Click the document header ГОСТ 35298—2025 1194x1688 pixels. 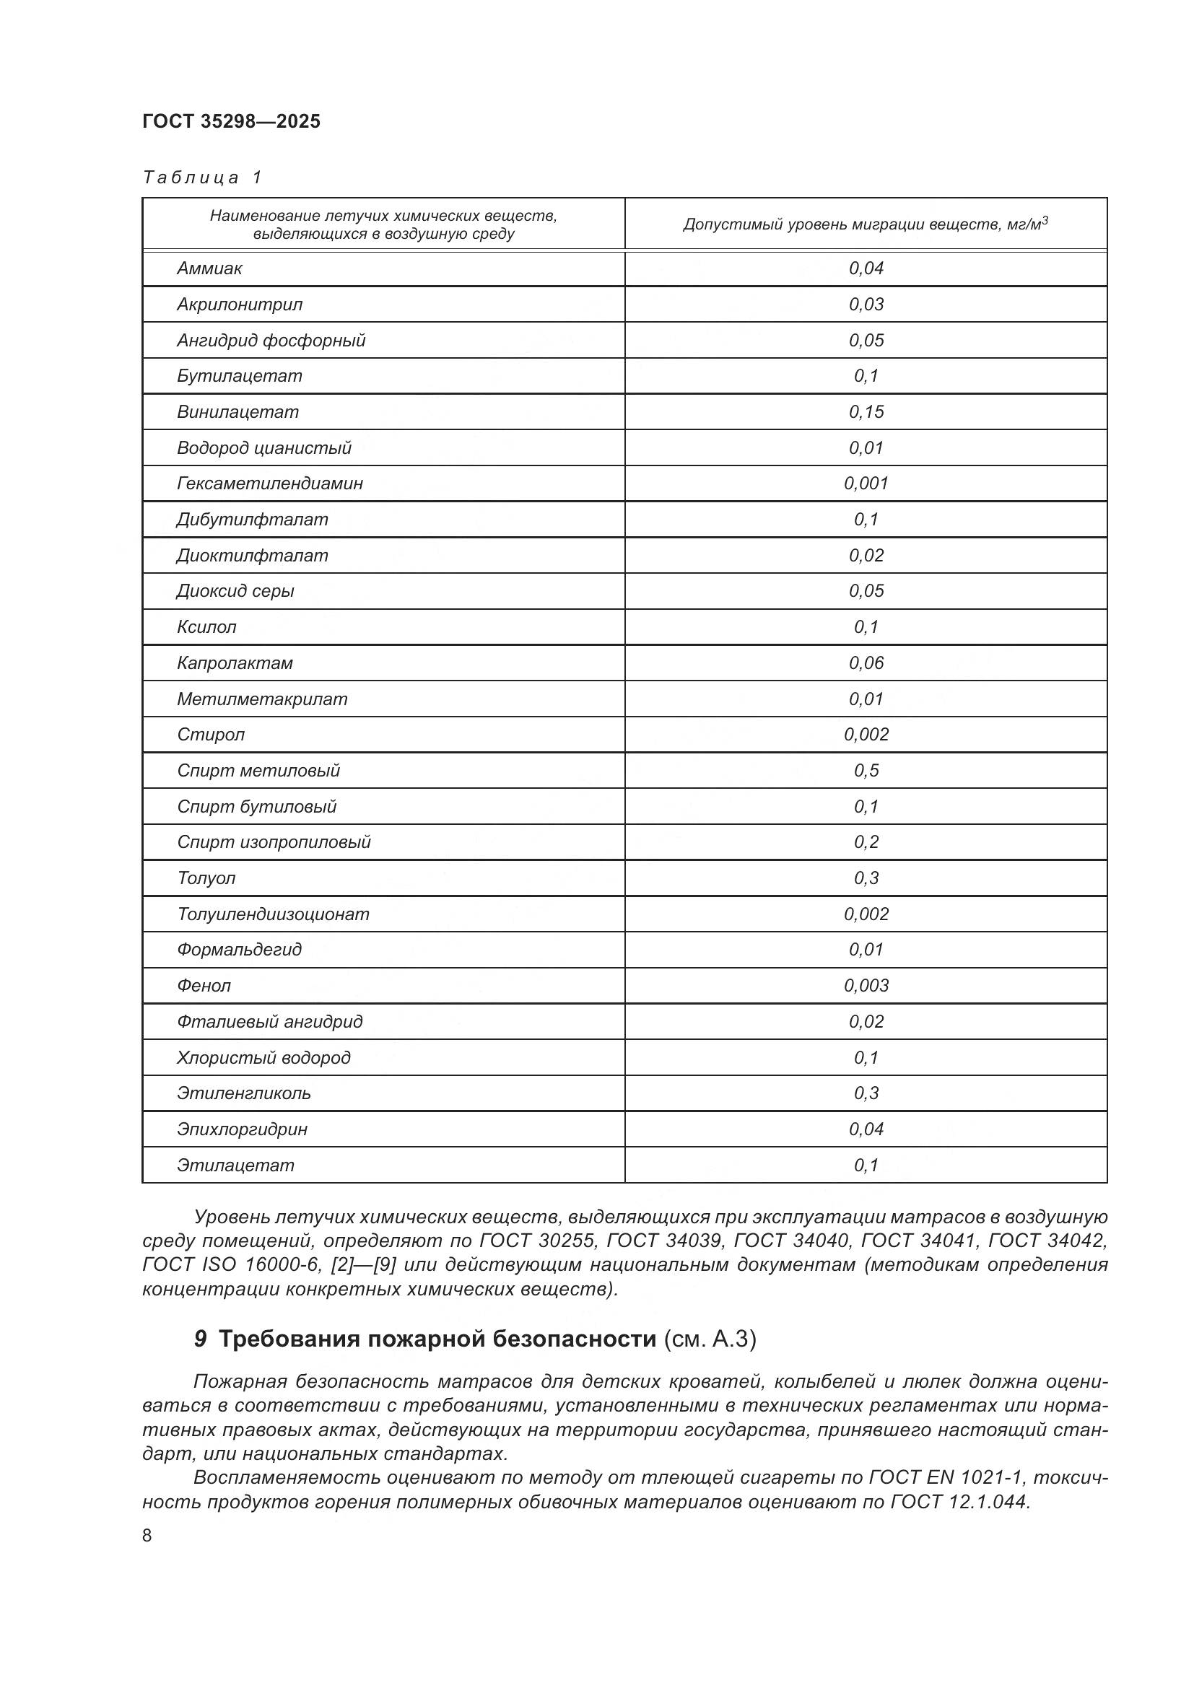click(x=231, y=121)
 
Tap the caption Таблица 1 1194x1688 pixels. click(x=202, y=178)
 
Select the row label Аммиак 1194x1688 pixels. click(x=209, y=268)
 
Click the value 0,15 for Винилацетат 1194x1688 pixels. click(x=866, y=411)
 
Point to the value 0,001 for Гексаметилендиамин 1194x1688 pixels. click(x=866, y=484)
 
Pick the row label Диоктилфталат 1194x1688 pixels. click(x=252, y=556)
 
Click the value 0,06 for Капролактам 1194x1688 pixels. click(x=866, y=663)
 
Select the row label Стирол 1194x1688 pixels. click(x=210, y=735)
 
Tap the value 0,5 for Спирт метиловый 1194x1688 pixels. click(x=866, y=771)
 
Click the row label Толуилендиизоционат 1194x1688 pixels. click(x=273, y=914)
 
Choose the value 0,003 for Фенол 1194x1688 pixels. click(x=866, y=986)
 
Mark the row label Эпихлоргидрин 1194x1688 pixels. click(x=242, y=1129)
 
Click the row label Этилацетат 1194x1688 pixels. click(x=235, y=1166)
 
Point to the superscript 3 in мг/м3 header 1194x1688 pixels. click(x=1045, y=219)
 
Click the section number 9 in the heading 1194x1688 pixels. click(x=200, y=1339)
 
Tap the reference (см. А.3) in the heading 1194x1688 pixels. click(x=710, y=1339)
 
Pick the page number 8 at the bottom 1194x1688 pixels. click(x=147, y=1535)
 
